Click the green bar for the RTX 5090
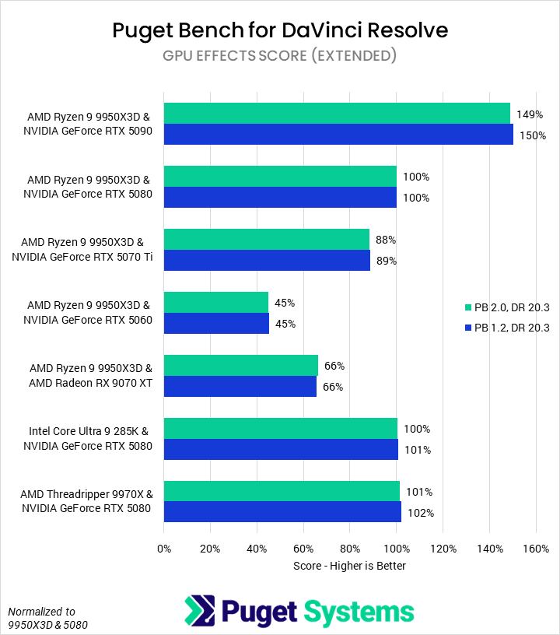coord(337,114)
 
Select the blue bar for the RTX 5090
coord(338,135)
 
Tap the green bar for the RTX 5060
coord(216,302)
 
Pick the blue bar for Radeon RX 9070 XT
coord(240,387)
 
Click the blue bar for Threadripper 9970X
coord(282,512)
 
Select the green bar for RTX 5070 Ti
coord(267,240)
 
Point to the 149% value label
coord(530,114)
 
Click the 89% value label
coord(387,261)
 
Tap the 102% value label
coord(421,513)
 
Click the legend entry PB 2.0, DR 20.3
coord(511,308)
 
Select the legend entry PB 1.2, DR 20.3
coord(511,328)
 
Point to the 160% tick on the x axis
coord(536,548)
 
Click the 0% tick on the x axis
coord(164,548)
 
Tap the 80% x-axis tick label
coord(350,548)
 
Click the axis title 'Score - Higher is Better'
coord(349,566)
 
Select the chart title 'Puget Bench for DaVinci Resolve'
coord(280,30)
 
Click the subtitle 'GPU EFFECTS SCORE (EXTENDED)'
coord(280,55)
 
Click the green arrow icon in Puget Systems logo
coord(199,611)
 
